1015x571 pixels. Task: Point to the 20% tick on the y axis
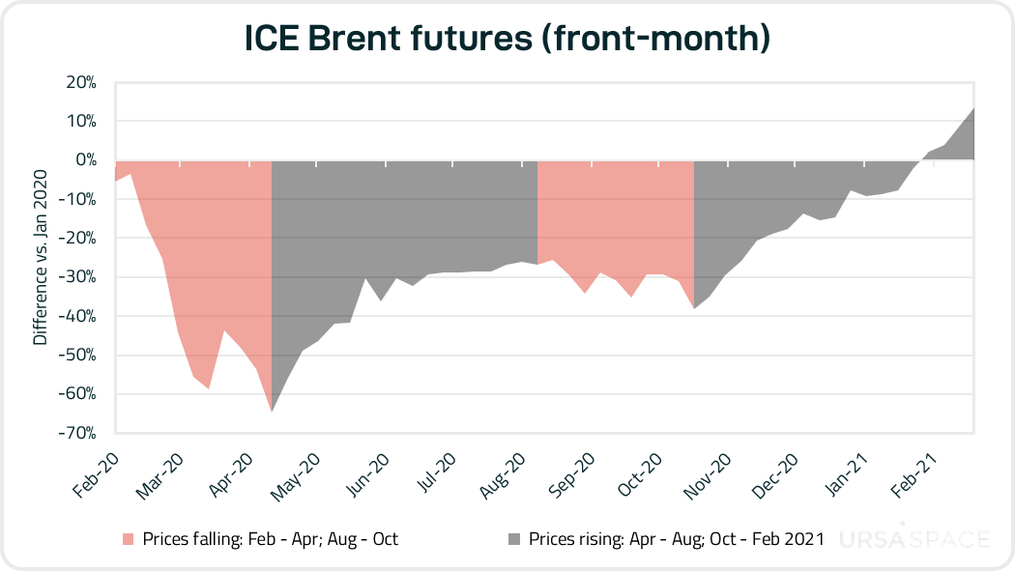coord(81,82)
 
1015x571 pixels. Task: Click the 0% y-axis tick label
coord(86,160)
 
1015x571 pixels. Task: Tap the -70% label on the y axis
coord(79,433)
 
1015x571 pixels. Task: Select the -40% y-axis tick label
coord(79,316)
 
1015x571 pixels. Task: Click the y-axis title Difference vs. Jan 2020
coord(40,257)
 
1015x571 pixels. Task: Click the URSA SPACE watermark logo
coord(913,538)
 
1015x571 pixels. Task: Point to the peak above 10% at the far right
coord(972,108)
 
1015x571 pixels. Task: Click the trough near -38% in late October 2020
coord(694,308)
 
